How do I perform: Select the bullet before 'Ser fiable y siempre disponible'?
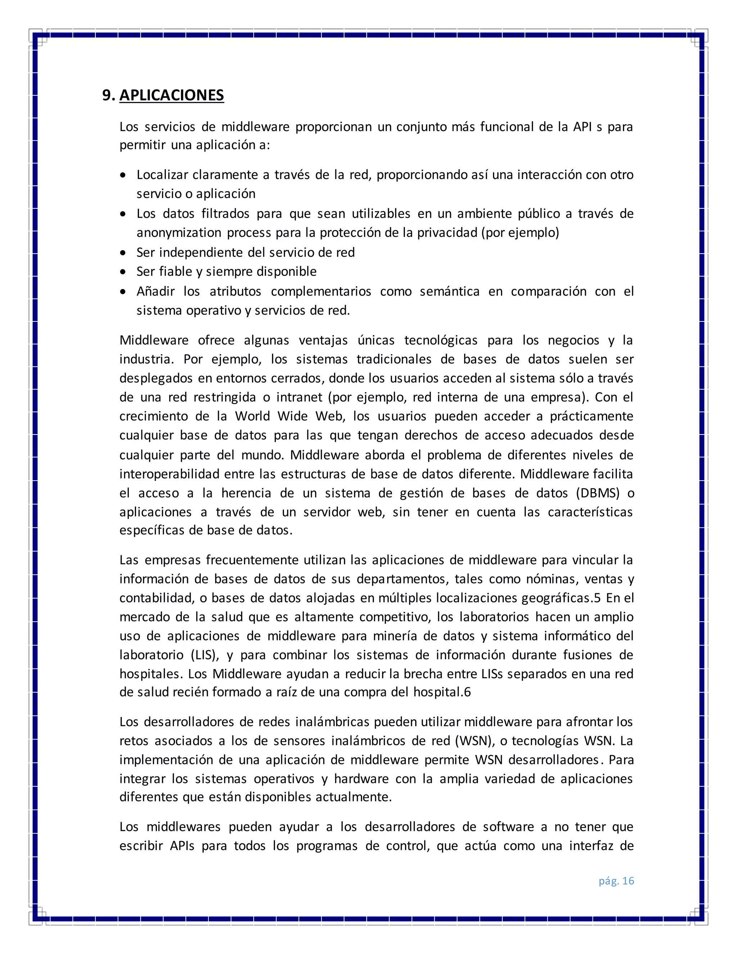(123, 272)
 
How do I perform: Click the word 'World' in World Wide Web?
(252, 416)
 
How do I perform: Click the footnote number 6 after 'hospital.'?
(467, 692)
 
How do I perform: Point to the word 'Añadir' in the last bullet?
(155, 291)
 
